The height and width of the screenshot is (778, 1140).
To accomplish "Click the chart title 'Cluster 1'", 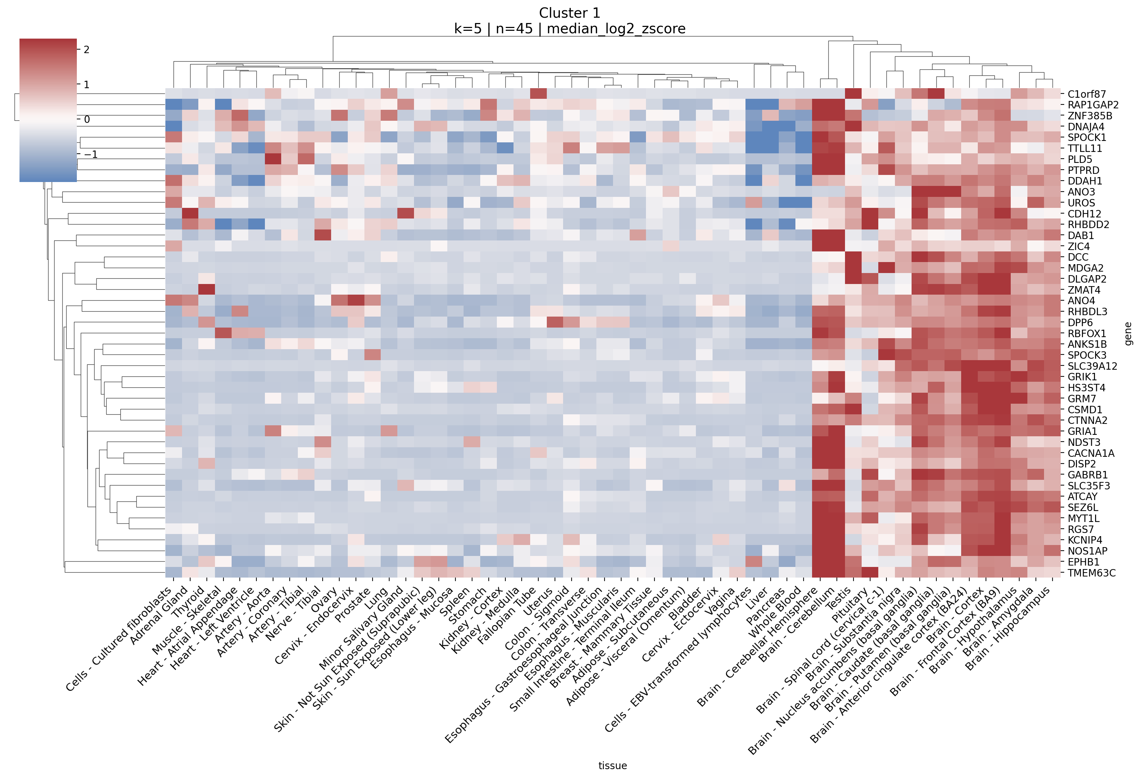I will pos(569,13).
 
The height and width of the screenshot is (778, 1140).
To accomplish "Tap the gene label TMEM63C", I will pos(1091,573).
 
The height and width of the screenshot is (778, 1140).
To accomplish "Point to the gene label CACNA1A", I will pos(1090,453).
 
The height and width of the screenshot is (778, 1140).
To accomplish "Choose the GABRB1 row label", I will pos(1088,475).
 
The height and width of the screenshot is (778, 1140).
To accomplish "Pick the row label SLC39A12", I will pos(1092,366).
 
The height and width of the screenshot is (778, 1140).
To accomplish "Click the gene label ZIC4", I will pos(1078,246).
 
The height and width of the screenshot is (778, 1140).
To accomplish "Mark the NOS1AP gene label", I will pos(1087,551).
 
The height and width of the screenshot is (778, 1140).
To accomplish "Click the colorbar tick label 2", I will pos(86,50).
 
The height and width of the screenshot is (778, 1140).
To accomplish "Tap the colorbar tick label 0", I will pos(87,119).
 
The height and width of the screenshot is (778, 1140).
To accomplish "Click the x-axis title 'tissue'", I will pos(612,766).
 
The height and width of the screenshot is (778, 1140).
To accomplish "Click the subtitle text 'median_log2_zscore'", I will pos(616,29).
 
